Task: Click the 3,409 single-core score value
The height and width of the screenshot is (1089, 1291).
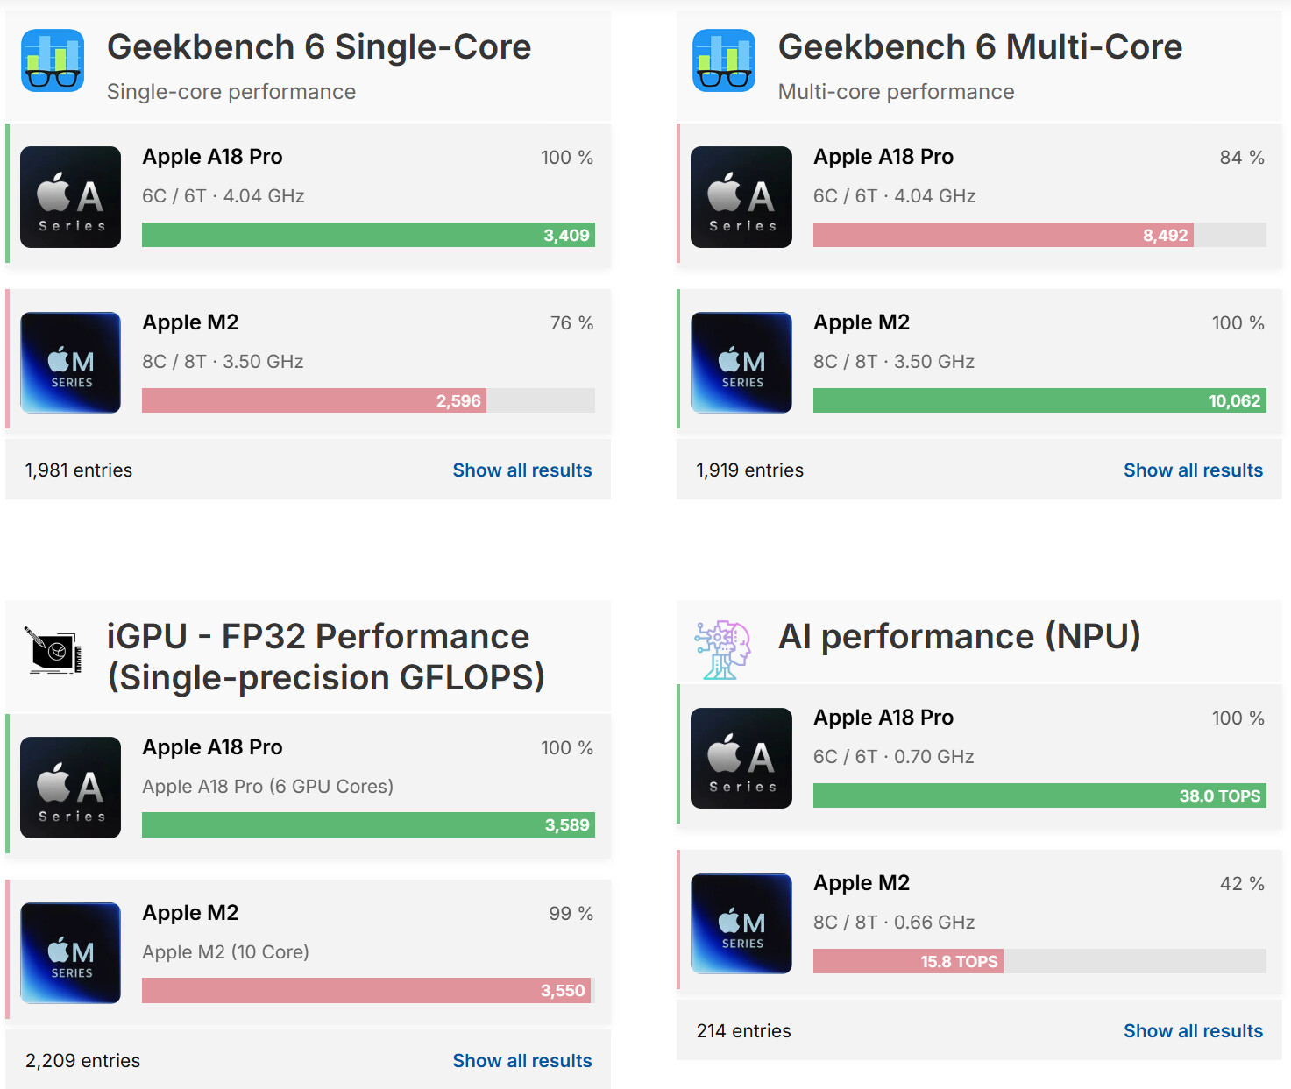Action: (x=566, y=236)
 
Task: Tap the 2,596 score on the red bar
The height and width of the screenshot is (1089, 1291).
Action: (x=458, y=401)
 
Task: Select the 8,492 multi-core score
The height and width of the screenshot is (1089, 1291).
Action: (x=1165, y=236)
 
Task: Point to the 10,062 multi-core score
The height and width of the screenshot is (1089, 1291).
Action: (x=1234, y=401)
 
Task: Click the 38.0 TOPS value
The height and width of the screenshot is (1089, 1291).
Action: (x=1219, y=796)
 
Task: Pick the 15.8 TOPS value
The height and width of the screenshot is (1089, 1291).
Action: (x=959, y=962)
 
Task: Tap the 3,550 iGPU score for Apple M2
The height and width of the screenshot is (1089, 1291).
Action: (x=563, y=991)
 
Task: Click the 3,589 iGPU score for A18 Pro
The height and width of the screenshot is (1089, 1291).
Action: (x=567, y=825)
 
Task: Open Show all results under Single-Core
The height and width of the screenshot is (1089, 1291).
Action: (x=522, y=470)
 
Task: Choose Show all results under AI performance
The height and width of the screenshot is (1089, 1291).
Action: (x=1193, y=1031)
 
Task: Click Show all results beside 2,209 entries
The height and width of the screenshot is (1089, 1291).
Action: (x=522, y=1061)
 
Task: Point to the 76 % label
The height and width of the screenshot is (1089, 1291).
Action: (x=571, y=323)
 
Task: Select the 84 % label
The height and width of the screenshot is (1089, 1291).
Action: (x=1242, y=158)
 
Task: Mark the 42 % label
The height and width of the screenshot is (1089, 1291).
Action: (x=1242, y=884)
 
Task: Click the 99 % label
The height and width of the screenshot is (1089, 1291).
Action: (x=571, y=914)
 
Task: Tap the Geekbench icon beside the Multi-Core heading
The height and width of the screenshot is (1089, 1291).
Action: (x=724, y=60)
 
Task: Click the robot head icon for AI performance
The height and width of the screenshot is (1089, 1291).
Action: (x=723, y=650)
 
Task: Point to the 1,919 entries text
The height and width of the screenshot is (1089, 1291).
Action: (x=749, y=470)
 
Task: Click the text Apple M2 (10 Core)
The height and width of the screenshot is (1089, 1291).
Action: (x=226, y=952)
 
